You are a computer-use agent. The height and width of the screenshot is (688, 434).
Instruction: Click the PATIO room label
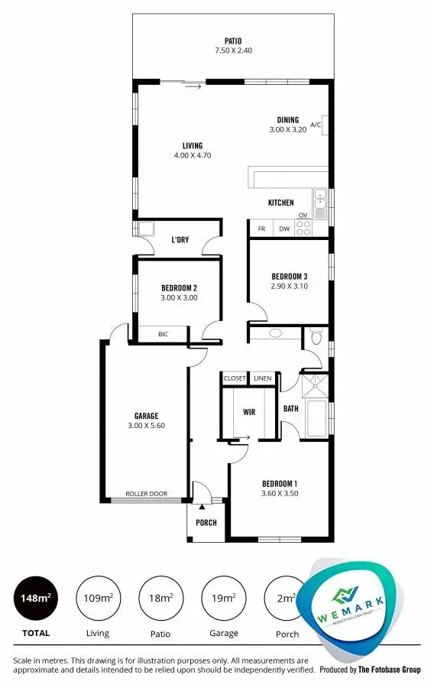(x=233, y=41)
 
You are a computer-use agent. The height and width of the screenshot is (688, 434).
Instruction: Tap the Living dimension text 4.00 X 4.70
(x=193, y=155)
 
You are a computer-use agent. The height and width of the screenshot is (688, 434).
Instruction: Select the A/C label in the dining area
(x=316, y=124)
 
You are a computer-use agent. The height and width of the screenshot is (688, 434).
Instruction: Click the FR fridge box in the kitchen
(x=261, y=229)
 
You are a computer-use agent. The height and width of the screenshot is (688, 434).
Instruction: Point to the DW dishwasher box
(x=283, y=229)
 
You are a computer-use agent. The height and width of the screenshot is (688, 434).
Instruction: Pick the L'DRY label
(x=180, y=240)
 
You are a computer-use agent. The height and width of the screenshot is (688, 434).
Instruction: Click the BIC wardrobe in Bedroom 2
(x=163, y=334)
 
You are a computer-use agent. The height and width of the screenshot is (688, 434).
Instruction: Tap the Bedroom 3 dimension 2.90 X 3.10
(x=290, y=287)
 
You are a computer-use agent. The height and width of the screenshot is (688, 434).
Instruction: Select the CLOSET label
(x=235, y=378)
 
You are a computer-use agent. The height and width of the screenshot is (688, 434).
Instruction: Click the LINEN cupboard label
(x=262, y=378)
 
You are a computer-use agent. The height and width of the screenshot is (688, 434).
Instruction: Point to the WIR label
(x=249, y=412)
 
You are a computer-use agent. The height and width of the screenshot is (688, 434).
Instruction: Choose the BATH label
(x=290, y=409)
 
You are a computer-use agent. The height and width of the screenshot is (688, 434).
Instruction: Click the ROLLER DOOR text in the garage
(x=146, y=494)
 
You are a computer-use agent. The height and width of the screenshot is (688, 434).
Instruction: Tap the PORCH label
(x=206, y=523)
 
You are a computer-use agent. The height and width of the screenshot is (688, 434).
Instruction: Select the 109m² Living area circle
(x=98, y=598)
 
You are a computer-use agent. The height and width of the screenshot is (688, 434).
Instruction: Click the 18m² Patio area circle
(x=160, y=598)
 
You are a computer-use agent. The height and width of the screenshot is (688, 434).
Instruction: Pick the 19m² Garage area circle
(x=223, y=598)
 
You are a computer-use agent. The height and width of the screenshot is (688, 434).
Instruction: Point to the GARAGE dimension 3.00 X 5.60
(x=146, y=426)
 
